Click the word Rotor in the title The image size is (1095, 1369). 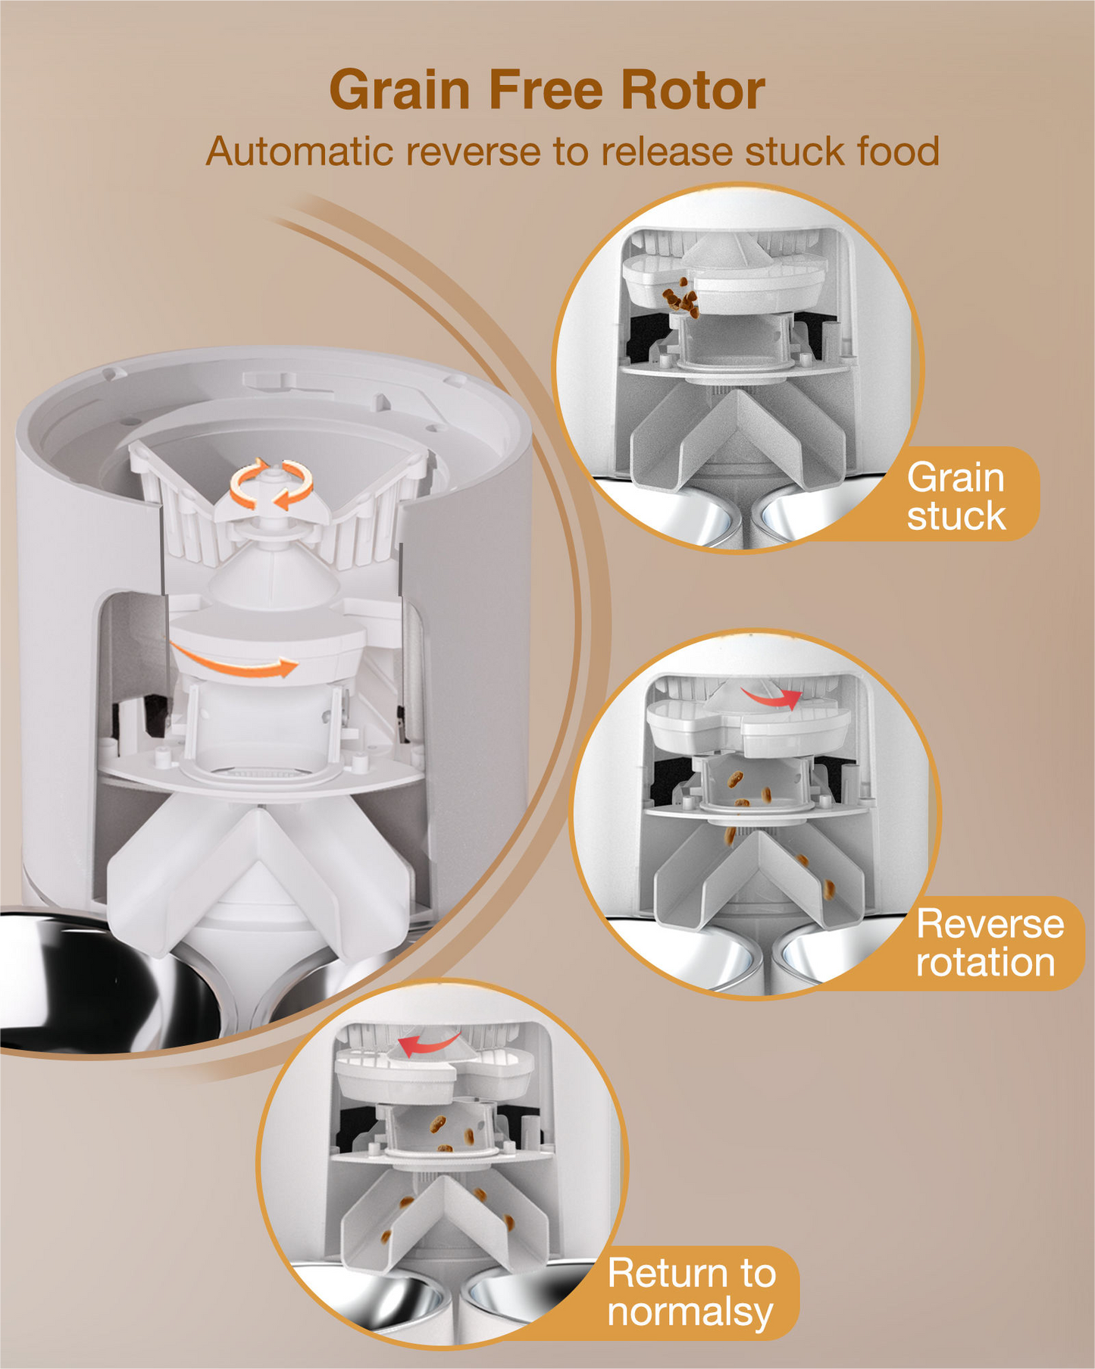(x=693, y=90)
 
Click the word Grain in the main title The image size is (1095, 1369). (x=400, y=90)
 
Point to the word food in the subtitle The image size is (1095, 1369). (x=898, y=151)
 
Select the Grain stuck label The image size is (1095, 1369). (x=956, y=497)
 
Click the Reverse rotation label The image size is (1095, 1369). (x=990, y=943)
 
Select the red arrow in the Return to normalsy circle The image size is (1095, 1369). (x=428, y=1045)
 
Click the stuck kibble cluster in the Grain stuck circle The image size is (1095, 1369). (x=681, y=298)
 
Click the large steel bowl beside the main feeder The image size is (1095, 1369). (x=91, y=978)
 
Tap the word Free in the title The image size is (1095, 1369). (x=546, y=90)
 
